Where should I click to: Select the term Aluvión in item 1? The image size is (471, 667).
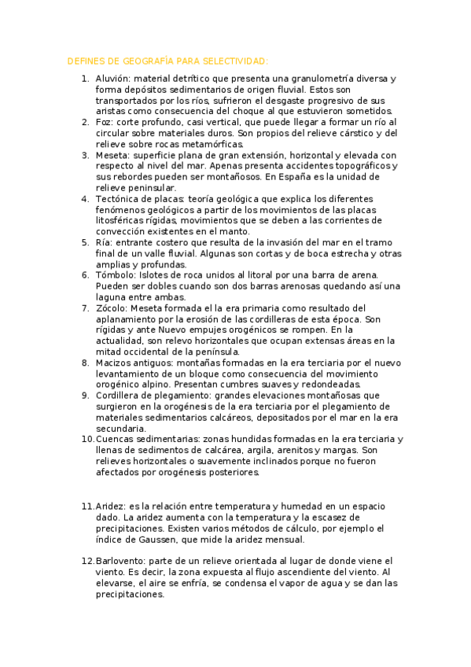[x=112, y=79]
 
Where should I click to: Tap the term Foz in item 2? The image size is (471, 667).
[x=104, y=123]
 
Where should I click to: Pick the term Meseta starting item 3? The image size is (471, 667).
[x=111, y=156]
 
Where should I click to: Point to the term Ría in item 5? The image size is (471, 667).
[x=103, y=243]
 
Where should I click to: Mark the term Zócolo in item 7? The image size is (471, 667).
[x=111, y=308]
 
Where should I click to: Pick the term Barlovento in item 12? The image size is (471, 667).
[x=120, y=561]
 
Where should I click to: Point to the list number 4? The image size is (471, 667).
[x=85, y=200]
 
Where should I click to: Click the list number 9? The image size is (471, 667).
[x=85, y=396]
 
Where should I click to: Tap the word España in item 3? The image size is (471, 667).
[x=326, y=178]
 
